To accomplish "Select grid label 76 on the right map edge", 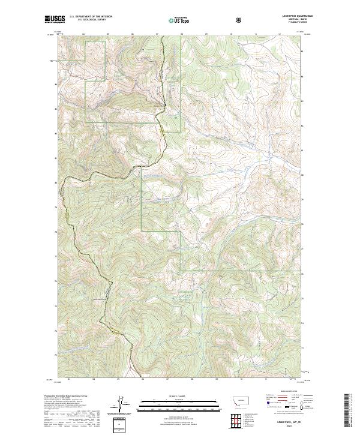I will [302, 274].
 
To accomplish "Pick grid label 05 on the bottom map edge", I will [118, 379].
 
